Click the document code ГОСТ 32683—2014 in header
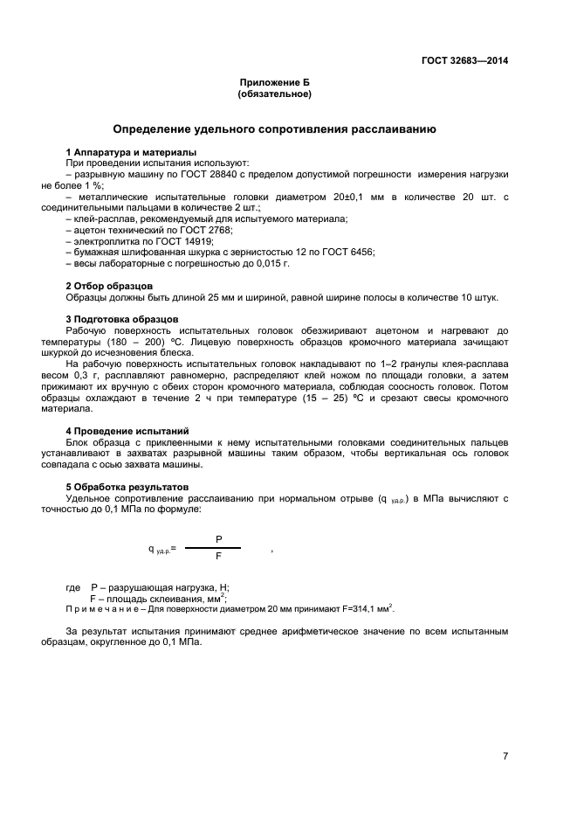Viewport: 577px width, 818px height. [x=463, y=61]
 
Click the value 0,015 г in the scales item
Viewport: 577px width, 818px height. [x=271, y=263]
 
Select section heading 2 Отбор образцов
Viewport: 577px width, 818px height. [x=110, y=286]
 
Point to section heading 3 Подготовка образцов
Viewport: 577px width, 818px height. [x=122, y=319]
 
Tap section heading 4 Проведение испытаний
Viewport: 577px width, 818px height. [x=127, y=431]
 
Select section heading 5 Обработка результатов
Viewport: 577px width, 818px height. [x=127, y=486]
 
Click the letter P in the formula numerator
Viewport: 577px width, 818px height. [x=218, y=540]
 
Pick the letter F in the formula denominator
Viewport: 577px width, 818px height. [x=218, y=555]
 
